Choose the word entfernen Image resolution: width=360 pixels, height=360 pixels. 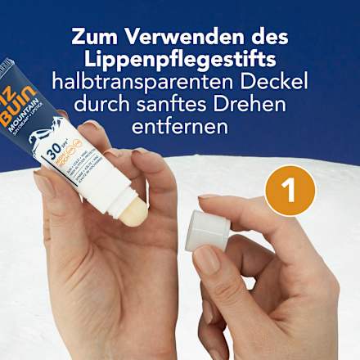click(180, 128)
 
